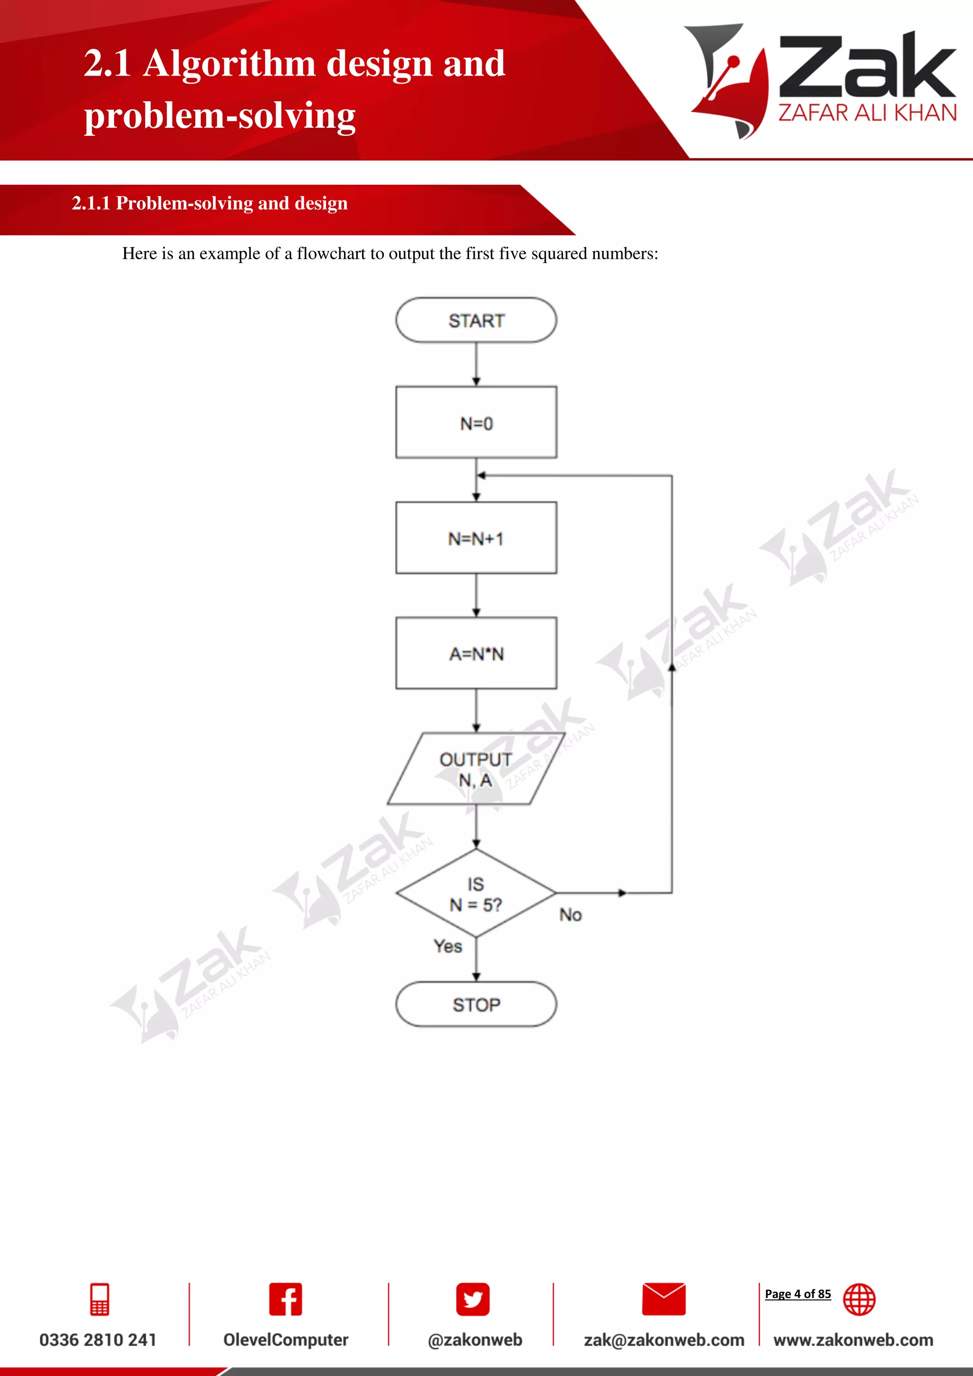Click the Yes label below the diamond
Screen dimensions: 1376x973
(448, 946)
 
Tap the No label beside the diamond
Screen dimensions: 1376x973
(571, 915)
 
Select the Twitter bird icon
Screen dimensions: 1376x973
(473, 1300)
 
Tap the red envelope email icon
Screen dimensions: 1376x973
(663, 1300)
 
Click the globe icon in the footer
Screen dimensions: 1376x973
(859, 1300)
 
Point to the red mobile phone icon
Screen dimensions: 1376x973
(99, 1300)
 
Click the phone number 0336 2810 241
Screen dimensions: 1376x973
(98, 1340)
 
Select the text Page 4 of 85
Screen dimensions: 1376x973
(798, 1294)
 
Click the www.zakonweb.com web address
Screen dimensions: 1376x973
(853, 1340)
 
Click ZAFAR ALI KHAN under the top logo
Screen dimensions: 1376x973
(867, 113)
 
